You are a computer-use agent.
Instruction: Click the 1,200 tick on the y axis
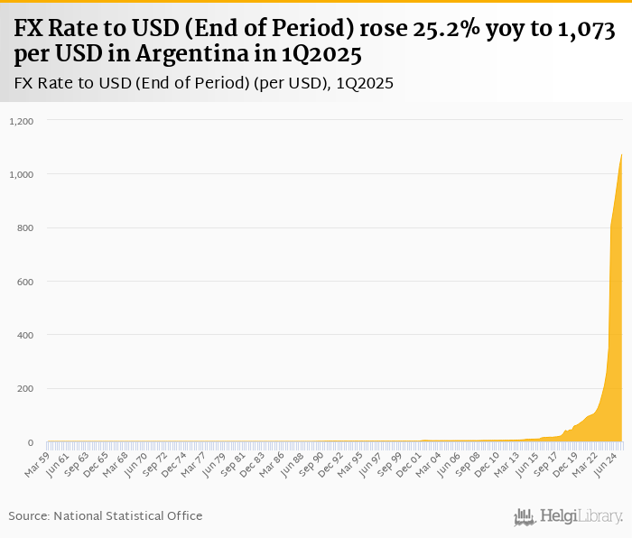point(21,120)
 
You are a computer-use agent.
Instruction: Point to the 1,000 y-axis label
point(21,174)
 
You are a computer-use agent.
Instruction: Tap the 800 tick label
point(25,227)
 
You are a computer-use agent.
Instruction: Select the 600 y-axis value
point(25,282)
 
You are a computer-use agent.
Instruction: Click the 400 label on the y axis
point(25,335)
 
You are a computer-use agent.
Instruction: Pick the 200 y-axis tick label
point(25,389)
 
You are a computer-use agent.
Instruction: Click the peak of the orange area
point(622,154)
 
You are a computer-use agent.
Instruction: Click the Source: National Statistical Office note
point(106,515)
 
